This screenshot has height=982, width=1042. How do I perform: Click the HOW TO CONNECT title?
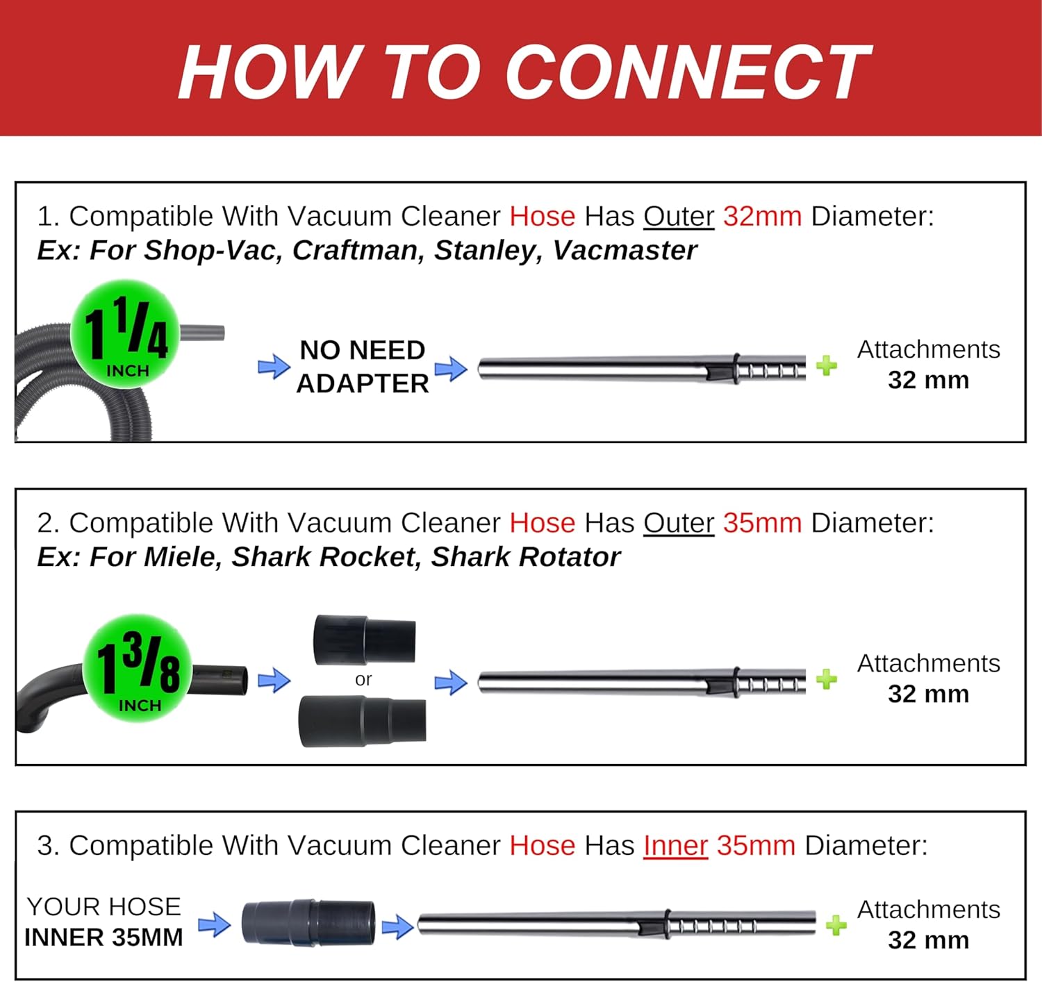(x=524, y=72)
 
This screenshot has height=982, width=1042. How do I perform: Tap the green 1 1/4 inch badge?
(x=125, y=333)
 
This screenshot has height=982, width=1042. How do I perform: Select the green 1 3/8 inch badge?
(x=138, y=668)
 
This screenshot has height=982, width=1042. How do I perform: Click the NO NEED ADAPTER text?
(x=362, y=366)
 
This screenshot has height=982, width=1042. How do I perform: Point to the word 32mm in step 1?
(x=762, y=216)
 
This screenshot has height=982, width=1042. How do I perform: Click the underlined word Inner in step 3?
(x=676, y=845)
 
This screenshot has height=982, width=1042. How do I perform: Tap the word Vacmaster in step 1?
(x=625, y=250)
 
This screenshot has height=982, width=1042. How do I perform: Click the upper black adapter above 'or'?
(x=365, y=640)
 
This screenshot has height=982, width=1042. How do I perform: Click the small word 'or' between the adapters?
(x=363, y=679)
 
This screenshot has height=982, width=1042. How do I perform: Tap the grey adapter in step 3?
(x=308, y=923)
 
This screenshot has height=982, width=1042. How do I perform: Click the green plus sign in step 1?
(x=827, y=365)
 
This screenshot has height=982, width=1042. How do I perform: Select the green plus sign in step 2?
(x=827, y=679)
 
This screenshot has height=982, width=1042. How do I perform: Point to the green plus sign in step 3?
(x=836, y=925)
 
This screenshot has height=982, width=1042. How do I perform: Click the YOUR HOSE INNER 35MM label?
(x=104, y=922)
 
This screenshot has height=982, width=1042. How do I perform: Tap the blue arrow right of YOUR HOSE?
(x=215, y=924)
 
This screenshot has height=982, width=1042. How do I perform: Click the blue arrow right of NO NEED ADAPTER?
(x=452, y=368)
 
